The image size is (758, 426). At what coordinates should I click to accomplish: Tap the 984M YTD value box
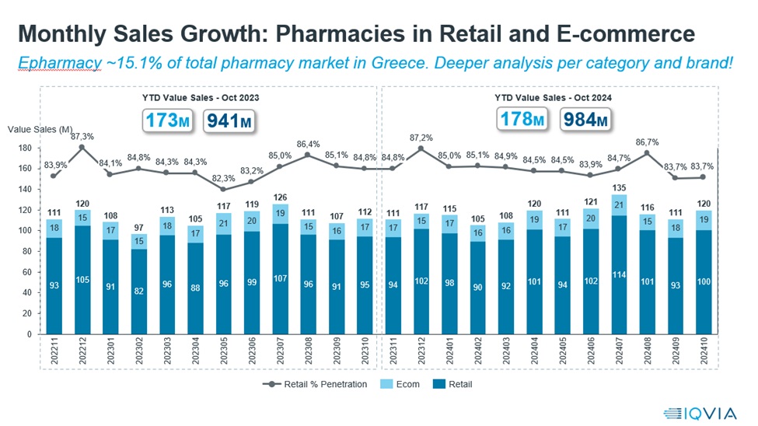(580, 120)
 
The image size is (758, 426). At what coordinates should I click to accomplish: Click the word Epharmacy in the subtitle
(58, 61)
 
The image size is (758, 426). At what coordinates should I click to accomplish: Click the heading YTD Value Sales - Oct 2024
(552, 99)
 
